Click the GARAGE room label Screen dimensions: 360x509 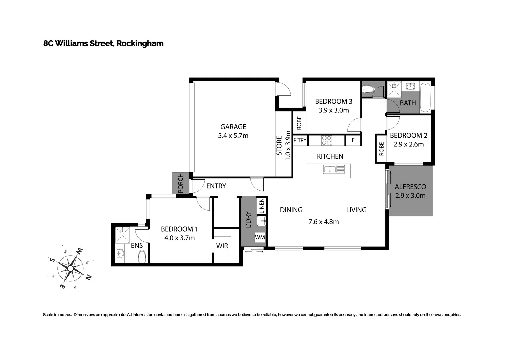[233, 127]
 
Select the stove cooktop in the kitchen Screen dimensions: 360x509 [327, 140]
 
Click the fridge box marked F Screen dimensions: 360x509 [353, 141]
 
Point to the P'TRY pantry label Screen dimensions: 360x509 [300, 140]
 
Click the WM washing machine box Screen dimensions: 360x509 [260, 237]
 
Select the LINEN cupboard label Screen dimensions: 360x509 [262, 206]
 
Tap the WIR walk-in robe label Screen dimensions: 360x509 [222, 246]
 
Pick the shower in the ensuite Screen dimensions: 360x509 [122, 234]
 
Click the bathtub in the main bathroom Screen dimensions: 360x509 [425, 97]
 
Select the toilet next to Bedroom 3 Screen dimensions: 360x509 [368, 89]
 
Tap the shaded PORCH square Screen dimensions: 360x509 [180, 183]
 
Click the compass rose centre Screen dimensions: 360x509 [70, 268]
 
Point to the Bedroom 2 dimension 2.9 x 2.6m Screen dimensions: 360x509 [408, 144]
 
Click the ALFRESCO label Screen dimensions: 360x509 [410, 187]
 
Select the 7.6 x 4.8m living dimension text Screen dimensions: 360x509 [323, 222]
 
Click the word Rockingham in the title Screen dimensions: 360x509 [140, 43]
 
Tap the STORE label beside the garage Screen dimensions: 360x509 [279, 146]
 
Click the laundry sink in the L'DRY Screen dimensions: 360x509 [261, 221]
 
